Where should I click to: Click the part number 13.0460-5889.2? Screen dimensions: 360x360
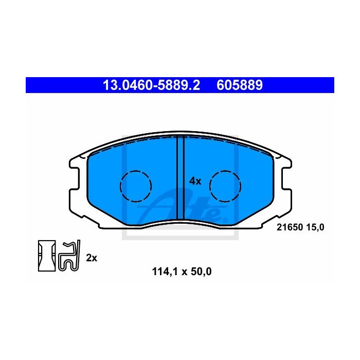[x=152, y=85]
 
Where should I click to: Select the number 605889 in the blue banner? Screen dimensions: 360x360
[x=240, y=85]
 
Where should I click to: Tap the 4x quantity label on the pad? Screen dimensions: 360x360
[x=195, y=181]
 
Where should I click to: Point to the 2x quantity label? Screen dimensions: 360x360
[x=92, y=258]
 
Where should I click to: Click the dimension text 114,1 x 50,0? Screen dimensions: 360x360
[x=182, y=272]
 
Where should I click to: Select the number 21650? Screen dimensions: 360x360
[x=290, y=227]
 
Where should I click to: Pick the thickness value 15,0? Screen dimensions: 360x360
[x=315, y=227]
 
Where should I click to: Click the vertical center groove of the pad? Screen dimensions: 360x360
[x=181, y=177]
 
